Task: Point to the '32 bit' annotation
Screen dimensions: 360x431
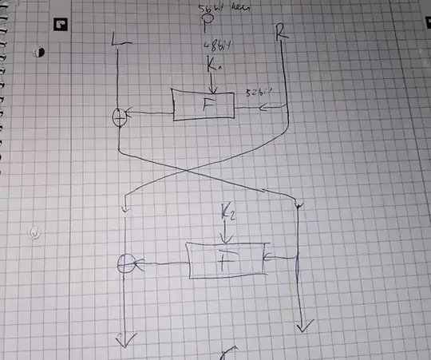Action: pos(255,93)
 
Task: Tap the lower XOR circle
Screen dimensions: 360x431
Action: pos(125,263)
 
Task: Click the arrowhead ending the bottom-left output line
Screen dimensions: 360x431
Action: pos(125,342)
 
